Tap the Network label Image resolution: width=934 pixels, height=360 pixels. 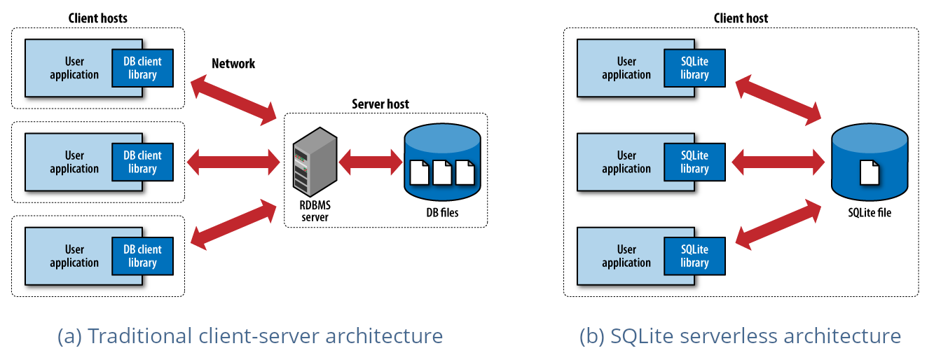(233, 64)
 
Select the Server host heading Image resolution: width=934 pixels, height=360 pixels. (380, 104)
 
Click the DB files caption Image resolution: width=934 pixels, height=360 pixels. (442, 212)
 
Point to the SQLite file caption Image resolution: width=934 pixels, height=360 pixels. (868, 212)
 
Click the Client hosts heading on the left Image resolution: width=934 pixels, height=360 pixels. (97, 18)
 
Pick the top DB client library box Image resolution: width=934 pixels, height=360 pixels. (142, 68)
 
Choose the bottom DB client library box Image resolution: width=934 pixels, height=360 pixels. (142, 256)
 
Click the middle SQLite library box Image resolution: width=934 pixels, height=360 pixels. (694, 162)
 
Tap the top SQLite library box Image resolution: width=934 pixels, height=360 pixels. (694, 68)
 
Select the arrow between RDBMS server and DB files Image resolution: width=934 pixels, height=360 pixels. (370, 162)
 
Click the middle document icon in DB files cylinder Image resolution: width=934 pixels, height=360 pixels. (442, 172)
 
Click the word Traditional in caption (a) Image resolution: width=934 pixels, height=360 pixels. (133, 336)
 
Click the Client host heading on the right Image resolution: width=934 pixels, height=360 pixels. (741, 18)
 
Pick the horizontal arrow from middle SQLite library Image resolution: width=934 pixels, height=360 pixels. (778, 162)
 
